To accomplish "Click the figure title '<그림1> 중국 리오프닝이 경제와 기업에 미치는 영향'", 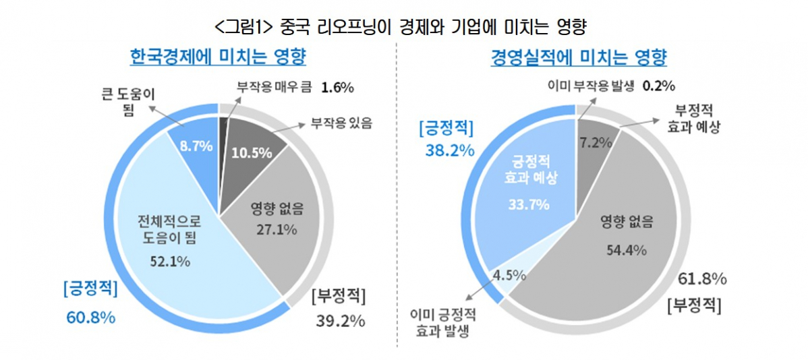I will (x=403, y=27).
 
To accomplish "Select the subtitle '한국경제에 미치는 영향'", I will (x=219, y=57).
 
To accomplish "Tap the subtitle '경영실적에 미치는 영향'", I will (x=579, y=58).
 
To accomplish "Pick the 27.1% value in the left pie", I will (x=275, y=229).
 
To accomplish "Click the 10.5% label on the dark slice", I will (x=252, y=152).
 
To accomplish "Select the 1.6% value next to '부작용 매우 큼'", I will (x=339, y=88).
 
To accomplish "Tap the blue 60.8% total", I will (x=90, y=317).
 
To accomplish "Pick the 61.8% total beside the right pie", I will (x=701, y=278).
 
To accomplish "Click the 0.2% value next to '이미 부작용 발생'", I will (x=659, y=86).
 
